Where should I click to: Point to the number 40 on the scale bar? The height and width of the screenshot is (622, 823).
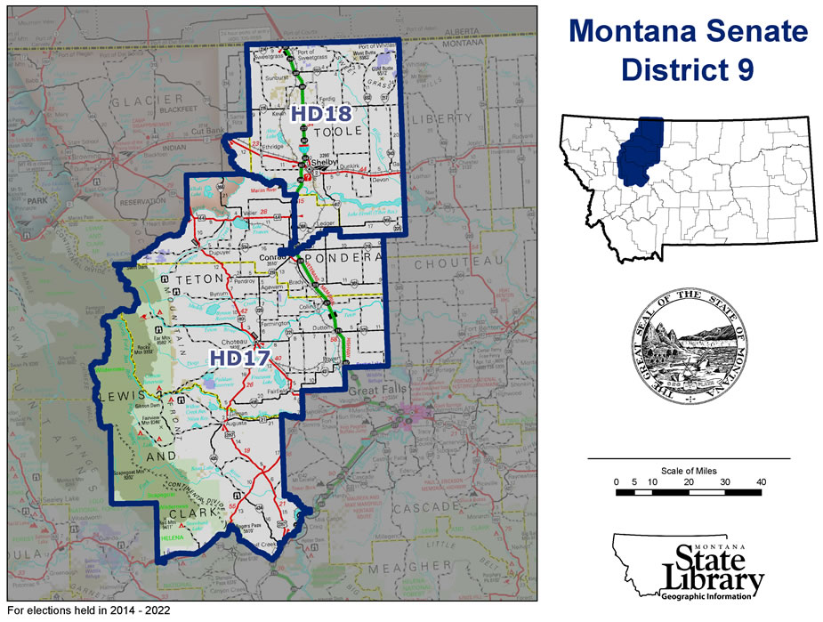pyautogui.click(x=761, y=481)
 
